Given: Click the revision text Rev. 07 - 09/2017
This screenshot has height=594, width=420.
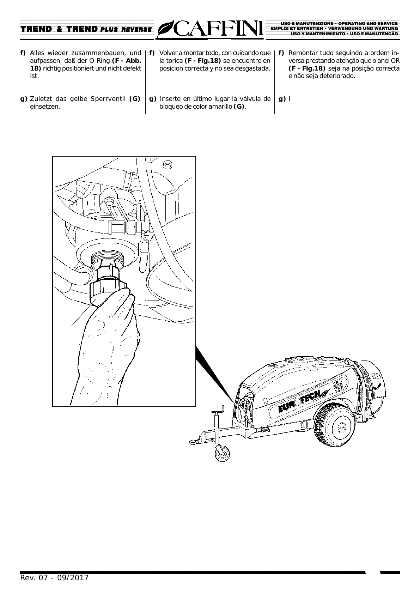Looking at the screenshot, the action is pyautogui.click(x=54, y=578).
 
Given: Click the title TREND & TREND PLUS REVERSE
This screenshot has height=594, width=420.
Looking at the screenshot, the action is pyautogui.click(x=86, y=29).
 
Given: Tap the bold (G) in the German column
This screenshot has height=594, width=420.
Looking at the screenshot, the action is pyautogui.click(x=135, y=99).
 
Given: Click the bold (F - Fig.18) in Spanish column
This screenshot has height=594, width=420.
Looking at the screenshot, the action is pyautogui.click(x=203, y=61).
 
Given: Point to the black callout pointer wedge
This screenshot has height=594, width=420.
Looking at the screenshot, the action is pyautogui.click(x=213, y=374).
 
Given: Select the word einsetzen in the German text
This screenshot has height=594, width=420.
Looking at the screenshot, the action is pyautogui.click(x=45, y=107).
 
